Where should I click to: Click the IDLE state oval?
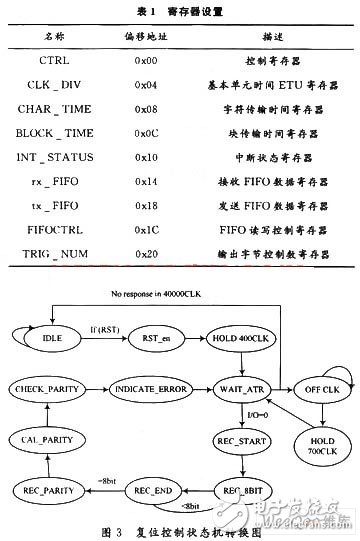click(x=53, y=337)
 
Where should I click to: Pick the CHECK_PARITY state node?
click(x=53, y=386)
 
